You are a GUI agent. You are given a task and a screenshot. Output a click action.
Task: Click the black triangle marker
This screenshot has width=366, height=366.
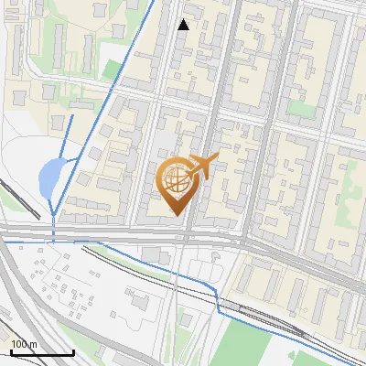coord(184,25)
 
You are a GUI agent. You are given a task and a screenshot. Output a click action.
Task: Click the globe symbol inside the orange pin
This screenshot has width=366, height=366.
coord(176,179)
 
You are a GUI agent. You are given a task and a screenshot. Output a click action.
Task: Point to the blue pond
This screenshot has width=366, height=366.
coord(50,177)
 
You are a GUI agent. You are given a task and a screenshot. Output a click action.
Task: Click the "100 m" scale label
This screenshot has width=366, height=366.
coord(24,344)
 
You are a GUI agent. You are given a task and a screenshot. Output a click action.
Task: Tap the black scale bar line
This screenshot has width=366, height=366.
coord(42,352)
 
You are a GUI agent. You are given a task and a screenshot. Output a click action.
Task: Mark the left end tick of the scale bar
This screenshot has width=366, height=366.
coord(11,351)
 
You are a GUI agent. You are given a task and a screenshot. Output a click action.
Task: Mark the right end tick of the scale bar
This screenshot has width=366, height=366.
coord(73,351)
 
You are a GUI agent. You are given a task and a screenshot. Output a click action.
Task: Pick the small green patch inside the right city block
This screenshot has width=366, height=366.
coord(301,107)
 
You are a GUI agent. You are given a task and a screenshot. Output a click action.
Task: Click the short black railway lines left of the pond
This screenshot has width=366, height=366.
coord(18,197)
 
